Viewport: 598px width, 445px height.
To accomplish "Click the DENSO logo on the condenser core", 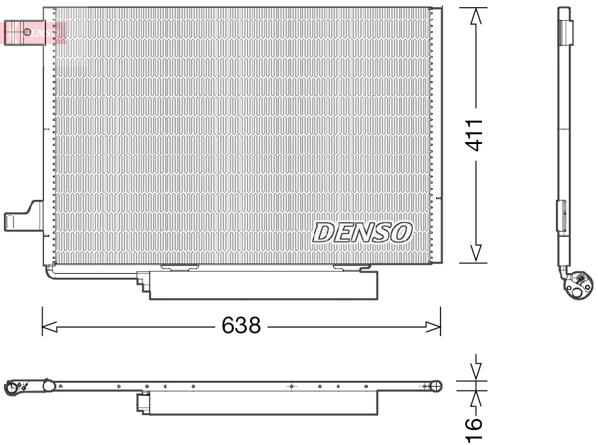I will [362, 232].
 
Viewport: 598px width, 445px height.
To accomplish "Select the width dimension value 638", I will [241, 325].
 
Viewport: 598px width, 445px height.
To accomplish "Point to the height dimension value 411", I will [476, 135].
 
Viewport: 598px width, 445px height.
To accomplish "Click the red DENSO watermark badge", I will [35, 32].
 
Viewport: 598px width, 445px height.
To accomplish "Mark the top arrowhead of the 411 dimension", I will [476, 16].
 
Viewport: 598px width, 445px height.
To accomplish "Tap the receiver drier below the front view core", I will [262, 285].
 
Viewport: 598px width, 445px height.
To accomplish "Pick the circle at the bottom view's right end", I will [436, 387].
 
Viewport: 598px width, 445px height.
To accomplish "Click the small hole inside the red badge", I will [27, 32].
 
